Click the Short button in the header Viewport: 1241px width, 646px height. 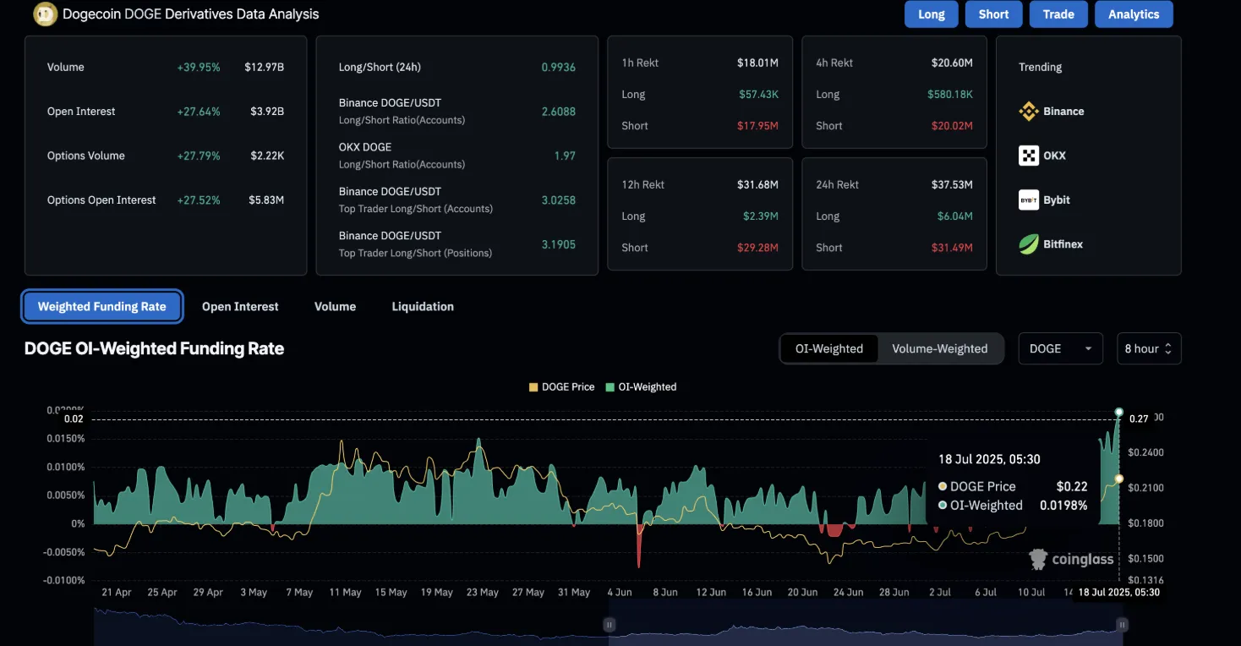coord(993,14)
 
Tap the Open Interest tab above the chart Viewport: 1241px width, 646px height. coord(240,307)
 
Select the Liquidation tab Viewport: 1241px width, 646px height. coord(423,307)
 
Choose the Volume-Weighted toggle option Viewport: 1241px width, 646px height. coord(939,348)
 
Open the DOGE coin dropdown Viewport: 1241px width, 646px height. coord(1060,348)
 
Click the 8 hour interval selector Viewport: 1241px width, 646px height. coord(1148,348)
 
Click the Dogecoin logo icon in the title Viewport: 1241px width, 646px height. coord(45,14)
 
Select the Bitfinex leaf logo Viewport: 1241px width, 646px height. coord(1029,244)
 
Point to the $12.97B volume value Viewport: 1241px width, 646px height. coord(264,67)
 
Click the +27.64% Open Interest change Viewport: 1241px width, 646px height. coord(198,112)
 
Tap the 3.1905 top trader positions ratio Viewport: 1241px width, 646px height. coord(558,244)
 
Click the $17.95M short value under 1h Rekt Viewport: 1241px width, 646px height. coord(758,126)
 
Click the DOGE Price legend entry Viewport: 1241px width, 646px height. coord(561,387)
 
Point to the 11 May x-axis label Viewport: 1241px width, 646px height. coord(345,593)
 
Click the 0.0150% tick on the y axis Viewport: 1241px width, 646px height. coord(65,439)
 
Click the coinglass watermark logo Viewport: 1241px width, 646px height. coord(1071,559)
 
